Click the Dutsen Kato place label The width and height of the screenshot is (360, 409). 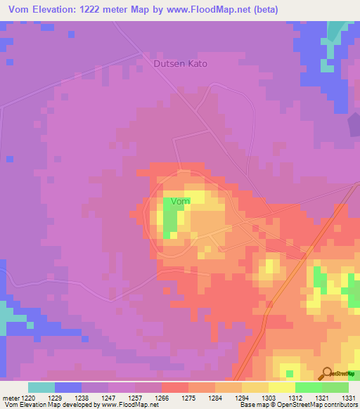tap(181, 63)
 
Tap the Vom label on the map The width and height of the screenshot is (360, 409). tap(181, 202)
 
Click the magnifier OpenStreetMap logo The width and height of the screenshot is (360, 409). tap(327, 373)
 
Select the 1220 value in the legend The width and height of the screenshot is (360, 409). tap(27, 397)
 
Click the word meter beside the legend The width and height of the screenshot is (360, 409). tap(10, 397)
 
